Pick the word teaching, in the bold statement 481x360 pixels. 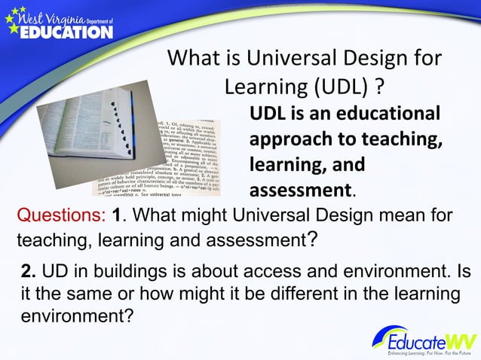click(x=400, y=140)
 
